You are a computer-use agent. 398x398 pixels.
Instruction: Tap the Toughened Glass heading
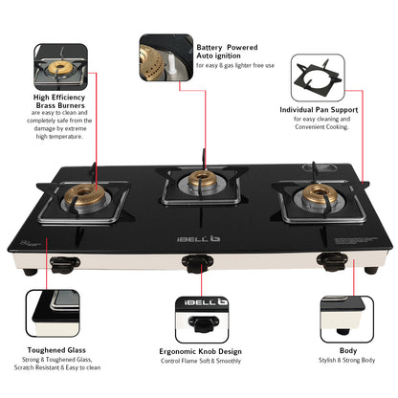[56, 350]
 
